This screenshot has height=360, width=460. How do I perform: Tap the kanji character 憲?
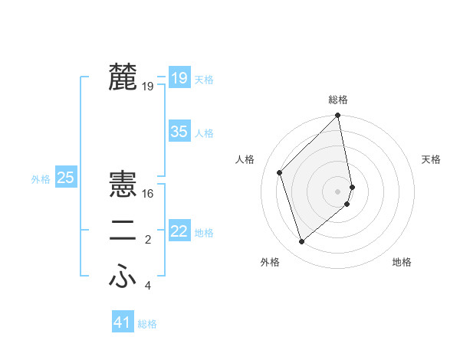pyautogui.click(x=123, y=185)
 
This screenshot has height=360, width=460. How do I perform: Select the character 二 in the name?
pyautogui.click(x=123, y=231)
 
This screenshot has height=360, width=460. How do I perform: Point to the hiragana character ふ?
pyautogui.click(x=123, y=277)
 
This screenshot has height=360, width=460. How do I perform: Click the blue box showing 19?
pyautogui.click(x=179, y=77)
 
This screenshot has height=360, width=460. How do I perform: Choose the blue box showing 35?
pyautogui.click(x=179, y=132)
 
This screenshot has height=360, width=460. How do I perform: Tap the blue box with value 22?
pyautogui.click(x=179, y=231)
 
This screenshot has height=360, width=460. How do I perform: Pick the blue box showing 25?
pyautogui.click(x=65, y=178)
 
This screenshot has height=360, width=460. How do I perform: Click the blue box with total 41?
pyautogui.click(x=123, y=322)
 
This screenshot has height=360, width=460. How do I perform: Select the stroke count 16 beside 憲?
pyautogui.click(x=148, y=194)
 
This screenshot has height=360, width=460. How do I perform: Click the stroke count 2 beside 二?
pyautogui.click(x=148, y=241)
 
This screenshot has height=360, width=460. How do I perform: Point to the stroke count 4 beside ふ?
pyautogui.click(x=148, y=286)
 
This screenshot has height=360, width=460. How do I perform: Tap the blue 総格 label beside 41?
pyautogui.click(x=147, y=324)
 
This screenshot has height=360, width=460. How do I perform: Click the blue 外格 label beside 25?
pyautogui.click(x=41, y=179)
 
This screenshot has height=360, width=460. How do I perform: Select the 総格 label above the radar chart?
pyautogui.click(x=338, y=100)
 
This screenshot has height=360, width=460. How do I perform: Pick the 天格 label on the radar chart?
pyautogui.click(x=431, y=159)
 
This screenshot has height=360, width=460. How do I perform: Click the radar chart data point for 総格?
pyautogui.click(x=338, y=116)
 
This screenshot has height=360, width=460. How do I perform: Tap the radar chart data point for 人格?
pyautogui.click(x=280, y=172)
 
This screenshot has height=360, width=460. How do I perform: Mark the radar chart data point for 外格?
pyautogui.click(x=302, y=242)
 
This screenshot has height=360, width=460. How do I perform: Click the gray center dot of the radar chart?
pyautogui.click(x=338, y=191)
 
